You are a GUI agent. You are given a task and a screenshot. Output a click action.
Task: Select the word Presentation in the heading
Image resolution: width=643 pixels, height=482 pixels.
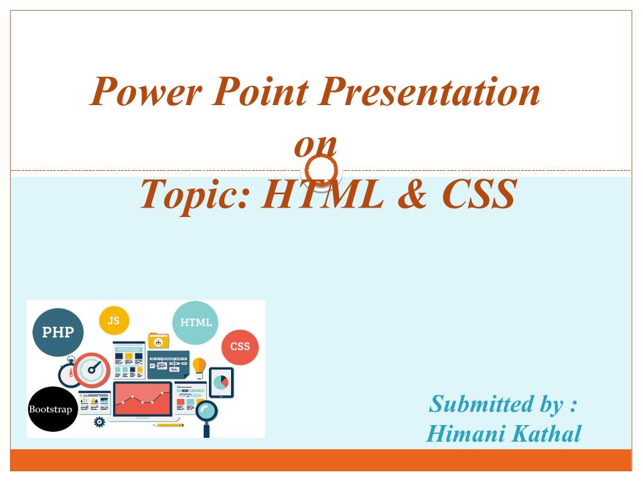429,92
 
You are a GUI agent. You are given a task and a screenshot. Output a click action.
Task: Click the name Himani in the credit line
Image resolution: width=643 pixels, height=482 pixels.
465,434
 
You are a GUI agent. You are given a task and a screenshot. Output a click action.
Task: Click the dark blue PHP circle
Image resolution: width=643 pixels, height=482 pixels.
58,332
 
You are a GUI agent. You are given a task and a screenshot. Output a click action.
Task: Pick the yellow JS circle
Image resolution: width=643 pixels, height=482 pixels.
114,321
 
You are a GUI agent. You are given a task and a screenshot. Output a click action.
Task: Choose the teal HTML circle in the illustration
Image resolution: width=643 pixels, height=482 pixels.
195,323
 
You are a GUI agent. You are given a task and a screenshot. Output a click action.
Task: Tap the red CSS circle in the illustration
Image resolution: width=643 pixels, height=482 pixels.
240,347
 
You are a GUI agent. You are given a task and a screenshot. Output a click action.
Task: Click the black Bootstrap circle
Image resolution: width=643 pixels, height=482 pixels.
52,409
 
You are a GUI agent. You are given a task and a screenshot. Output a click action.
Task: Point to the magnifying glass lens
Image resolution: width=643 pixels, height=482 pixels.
206,410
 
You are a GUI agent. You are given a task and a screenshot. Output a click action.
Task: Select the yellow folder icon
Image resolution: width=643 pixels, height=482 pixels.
158,340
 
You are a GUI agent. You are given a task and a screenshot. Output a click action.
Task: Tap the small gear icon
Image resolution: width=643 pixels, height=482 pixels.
99,422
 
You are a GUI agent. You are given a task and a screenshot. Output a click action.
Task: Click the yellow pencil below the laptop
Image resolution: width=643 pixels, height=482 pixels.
168,425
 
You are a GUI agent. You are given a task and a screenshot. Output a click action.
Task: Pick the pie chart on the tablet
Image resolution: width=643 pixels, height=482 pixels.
221,382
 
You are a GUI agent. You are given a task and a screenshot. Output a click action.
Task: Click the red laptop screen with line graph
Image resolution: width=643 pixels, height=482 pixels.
142,399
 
